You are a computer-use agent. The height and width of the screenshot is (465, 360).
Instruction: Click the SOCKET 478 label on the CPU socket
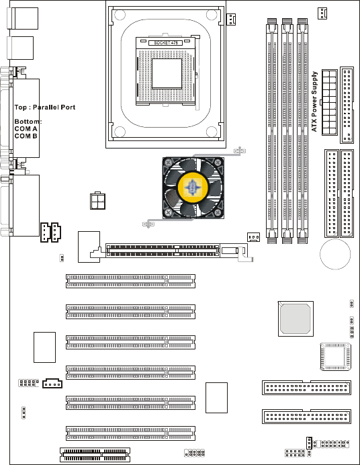166,43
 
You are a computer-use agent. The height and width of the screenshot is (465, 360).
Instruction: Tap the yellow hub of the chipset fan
193,187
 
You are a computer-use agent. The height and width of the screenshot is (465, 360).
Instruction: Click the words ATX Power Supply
314,101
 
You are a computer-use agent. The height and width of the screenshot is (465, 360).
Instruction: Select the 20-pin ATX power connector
330,102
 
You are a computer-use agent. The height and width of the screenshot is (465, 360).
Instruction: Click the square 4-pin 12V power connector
97,201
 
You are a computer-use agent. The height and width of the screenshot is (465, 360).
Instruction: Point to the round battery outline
335,254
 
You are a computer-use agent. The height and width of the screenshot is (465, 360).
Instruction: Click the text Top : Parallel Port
45,108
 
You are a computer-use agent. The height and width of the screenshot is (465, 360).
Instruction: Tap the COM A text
26,129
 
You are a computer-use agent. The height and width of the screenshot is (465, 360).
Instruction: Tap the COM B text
26,136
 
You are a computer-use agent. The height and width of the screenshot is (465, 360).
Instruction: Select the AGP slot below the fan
163,251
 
